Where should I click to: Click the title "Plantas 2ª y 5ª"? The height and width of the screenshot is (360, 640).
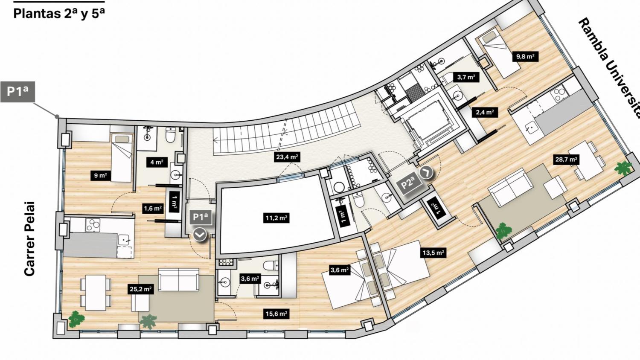pyautogui.click(x=59, y=14)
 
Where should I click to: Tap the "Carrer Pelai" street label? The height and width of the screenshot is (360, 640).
pyautogui.click(x=29, y=239)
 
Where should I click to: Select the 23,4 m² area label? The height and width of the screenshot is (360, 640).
pyautogui.click(x=287, y=157)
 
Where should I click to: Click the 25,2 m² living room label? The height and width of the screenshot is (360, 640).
pyautogui.click(x=140, y=289)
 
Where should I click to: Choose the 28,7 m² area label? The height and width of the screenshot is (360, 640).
pyautogui.click(x=566, y=160)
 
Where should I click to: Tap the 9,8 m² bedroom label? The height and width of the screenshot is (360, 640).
pyautogui.click(x=525, y=57)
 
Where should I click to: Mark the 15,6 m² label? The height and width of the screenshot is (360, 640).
pyautogui.click(x=276, y=314)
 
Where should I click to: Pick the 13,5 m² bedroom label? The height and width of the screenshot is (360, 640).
pyautogui.click(x=433, y=253)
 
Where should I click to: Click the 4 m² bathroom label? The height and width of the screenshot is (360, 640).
pyautogui.click(x=157, y=162)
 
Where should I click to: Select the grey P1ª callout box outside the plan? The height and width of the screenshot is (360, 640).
pyautogui.click(x=18, y=91)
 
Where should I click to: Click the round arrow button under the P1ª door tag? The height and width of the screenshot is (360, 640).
pyautogui.click(x=200, y=235)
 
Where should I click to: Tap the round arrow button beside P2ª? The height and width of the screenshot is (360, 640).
pyautogui.click(x=426, y=172)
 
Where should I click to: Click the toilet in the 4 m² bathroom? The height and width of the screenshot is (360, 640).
pyautogui.click(x=170, y=135)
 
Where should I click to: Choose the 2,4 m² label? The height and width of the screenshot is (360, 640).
pyautogui.click(x=485, y=112)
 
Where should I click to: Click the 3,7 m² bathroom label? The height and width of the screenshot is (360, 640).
pyautogui.click(x=466, y=77)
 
